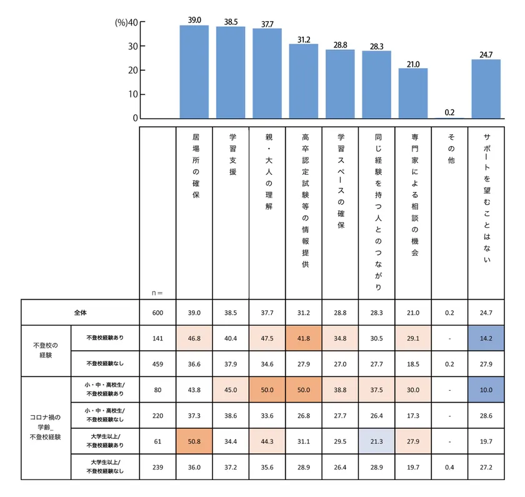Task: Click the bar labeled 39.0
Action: point(194,72)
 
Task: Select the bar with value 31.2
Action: point(304,81)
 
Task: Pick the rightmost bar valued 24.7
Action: point(486,89)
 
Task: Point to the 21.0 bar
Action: point(413,93)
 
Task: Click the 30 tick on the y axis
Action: point(133,47)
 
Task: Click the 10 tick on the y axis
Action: point(133,95)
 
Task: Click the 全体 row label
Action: point(79,312)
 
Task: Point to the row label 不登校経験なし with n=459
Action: point(105,362)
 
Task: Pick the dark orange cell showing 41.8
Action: point(304,337)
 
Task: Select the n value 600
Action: point(158,312)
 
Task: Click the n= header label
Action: point(157,292)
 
